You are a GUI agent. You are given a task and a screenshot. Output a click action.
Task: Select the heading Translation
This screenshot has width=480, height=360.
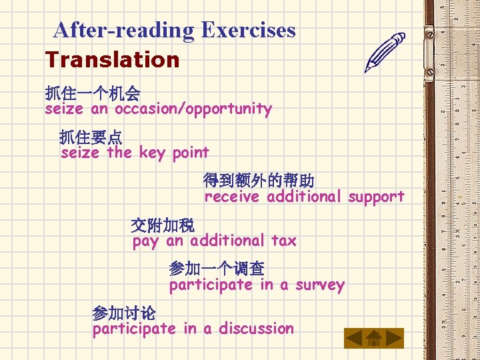pos(113,60)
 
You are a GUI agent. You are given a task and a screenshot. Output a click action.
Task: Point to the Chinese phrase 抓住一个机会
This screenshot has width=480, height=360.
pos(93,93)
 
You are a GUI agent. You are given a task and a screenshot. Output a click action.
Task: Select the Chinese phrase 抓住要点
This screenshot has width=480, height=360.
pos(91,137)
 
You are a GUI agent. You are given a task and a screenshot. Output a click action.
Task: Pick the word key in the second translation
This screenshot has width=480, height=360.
pos(153,153)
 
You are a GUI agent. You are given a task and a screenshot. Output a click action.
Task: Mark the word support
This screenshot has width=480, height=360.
pos(376,197)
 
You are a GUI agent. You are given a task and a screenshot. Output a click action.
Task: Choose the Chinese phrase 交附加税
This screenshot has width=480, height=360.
pos(163,225)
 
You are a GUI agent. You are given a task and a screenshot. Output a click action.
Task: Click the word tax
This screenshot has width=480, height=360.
pos(283,241)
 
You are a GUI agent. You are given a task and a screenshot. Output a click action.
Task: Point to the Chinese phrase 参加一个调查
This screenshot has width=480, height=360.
pos(217,269)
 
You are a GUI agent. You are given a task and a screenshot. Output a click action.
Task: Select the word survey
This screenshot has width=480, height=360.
pos(320,285)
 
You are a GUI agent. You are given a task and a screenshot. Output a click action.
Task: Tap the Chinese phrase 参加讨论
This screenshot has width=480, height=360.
pos(124,313)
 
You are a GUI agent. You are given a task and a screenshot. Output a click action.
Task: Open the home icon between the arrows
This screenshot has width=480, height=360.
pos(374,338)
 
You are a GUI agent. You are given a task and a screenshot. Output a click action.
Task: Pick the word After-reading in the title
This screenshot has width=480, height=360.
pos(123,30)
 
